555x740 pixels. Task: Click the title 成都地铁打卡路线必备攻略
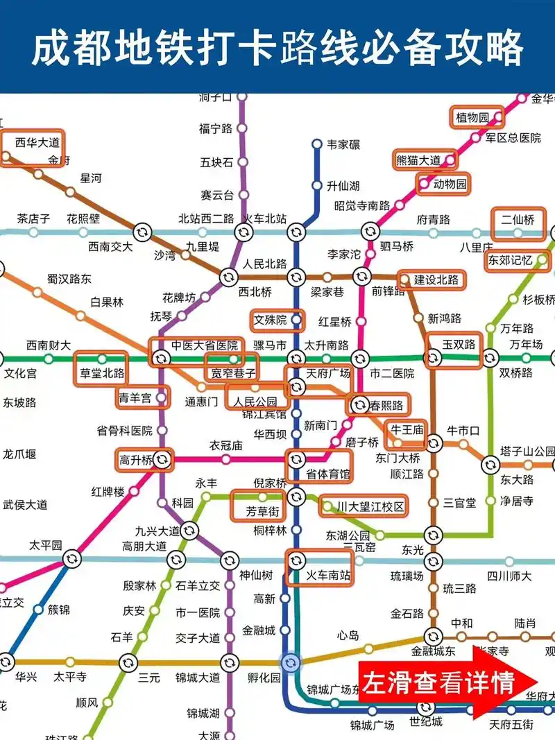coord(277,47)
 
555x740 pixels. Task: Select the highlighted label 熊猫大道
coord(418,160)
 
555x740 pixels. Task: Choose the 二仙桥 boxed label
coord(518,220)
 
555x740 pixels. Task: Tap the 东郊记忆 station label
coord(510,261)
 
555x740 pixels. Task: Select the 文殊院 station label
coord(270,320)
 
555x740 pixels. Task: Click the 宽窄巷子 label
coord(229,372)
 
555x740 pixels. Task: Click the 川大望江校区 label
coord(370,507)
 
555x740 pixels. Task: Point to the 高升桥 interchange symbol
coord(163,458)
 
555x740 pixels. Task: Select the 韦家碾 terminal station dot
coord(316,144)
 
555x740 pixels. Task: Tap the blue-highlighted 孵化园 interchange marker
coord(291,662)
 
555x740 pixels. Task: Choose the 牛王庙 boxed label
coord(407,429)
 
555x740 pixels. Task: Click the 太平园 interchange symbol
coord(71,559)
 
